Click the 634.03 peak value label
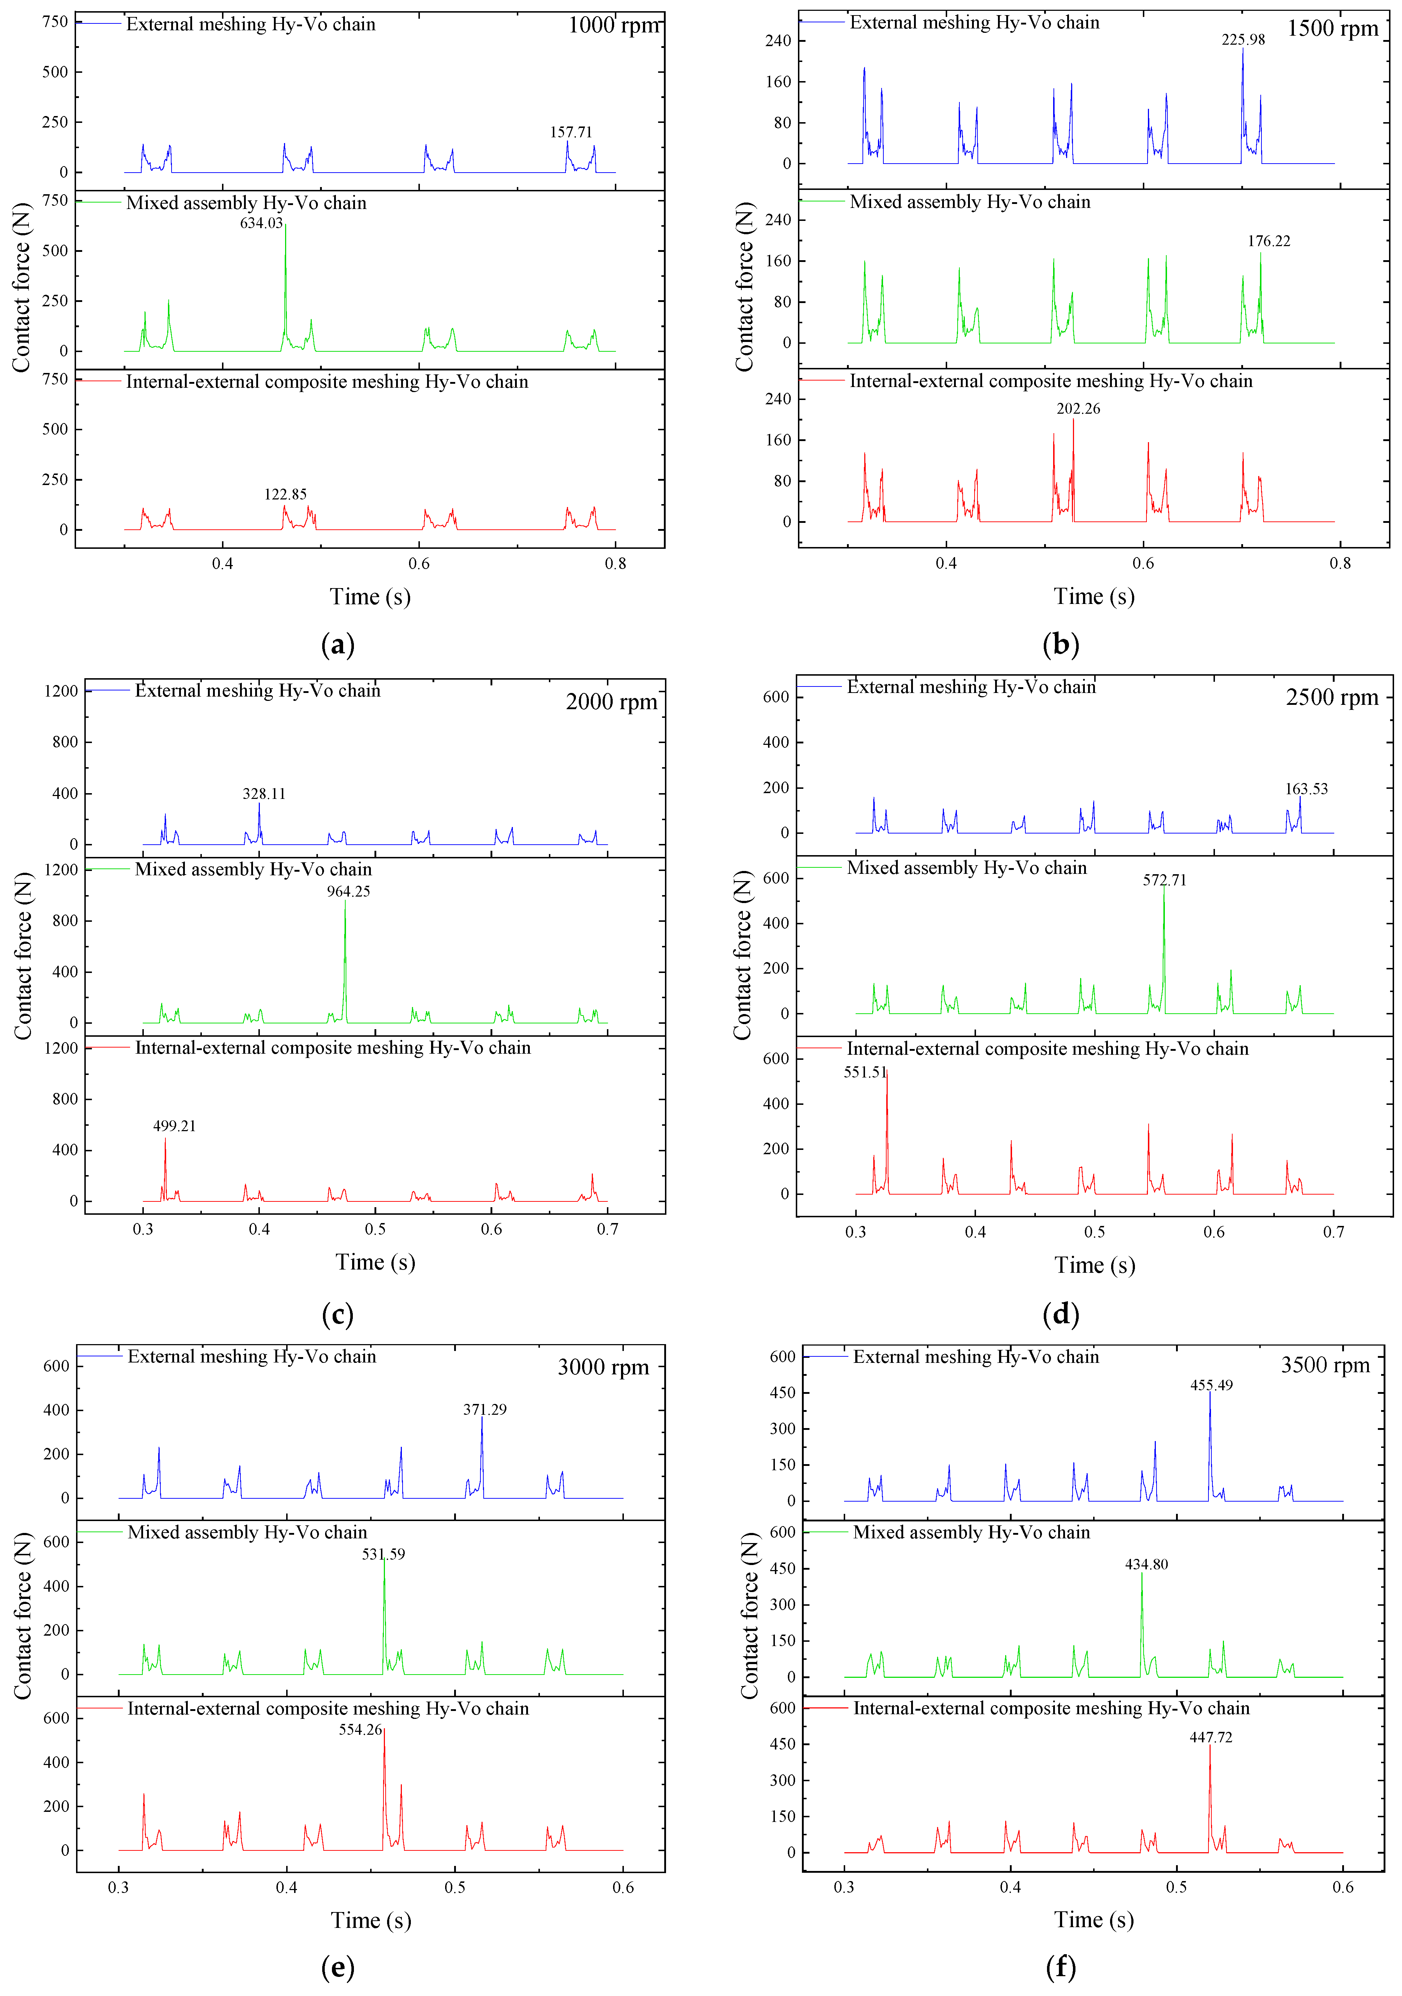[261, 223]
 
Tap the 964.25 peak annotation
[348, 891]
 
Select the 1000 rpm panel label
[614, 25]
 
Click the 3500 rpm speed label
[1325, 1365]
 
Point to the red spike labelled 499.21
[165, 1165]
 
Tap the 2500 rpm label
[1332, 697]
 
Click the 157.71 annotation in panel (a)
[571, 132]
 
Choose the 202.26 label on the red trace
[1078, 409]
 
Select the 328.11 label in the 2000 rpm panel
[263, 794]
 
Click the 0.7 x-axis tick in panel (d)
[1333, 1232]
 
